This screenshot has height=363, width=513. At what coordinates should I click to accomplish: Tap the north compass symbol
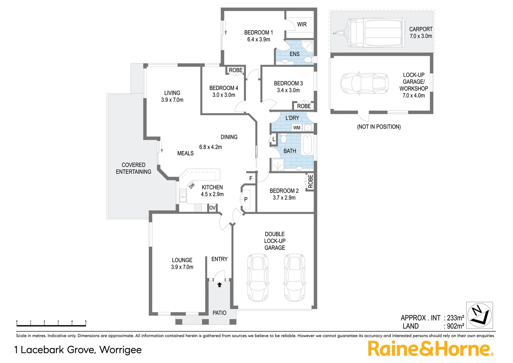tap(479, 315)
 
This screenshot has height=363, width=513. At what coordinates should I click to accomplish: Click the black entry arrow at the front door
tap(220, 285)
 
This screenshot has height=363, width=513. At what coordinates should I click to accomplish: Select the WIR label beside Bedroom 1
tap(302, 25)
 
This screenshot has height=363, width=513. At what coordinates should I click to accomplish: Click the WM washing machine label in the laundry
tap(297, 128)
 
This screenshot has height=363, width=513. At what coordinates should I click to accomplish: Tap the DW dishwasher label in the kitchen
tap(192, 186)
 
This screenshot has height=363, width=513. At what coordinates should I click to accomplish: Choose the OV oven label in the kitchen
tap(212, 208)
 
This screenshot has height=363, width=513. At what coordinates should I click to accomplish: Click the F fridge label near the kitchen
tap(250, 178)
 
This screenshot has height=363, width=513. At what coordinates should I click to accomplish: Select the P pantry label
tap(246, 199)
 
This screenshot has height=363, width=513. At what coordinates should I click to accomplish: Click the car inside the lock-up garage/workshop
tap(365, 83)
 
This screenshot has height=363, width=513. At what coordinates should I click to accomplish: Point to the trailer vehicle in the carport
tap(369, 33)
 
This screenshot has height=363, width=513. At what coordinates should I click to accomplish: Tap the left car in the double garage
tap(258, 277)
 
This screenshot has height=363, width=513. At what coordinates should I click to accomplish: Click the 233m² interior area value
tap(456, 318)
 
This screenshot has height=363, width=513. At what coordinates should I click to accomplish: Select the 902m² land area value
tap(456, 326)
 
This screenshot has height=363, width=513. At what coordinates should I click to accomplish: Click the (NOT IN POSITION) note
tap(379, 127)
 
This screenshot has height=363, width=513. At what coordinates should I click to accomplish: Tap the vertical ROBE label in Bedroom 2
tap(311, 182)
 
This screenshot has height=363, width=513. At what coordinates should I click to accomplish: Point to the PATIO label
tap(219, 313)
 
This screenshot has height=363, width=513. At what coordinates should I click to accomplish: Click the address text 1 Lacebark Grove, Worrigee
tap(78, 350)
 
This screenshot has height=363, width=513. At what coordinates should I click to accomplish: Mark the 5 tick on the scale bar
tap(86, 322)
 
